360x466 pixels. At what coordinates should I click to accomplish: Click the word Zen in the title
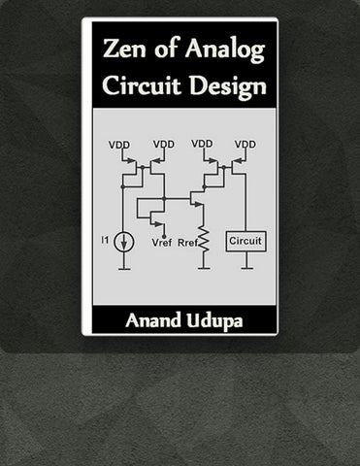point(124,49)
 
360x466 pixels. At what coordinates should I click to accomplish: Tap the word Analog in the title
point(225,51)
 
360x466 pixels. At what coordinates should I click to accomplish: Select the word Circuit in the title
point(142,84)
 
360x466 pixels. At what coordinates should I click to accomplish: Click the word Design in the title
point(228,87)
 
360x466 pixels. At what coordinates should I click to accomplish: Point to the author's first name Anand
point(153,320)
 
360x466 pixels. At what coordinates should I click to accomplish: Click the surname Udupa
point(214,321)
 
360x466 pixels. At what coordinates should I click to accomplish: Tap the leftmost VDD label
point(119,145)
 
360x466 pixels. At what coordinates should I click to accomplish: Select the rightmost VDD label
point(245,144)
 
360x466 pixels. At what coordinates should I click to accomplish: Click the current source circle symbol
point(124,243)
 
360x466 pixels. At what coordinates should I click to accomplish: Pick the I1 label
point(105,240)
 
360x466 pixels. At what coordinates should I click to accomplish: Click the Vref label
point(162,243)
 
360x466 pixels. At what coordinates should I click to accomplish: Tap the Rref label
point(187,243)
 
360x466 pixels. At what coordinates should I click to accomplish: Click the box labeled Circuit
point(245,241)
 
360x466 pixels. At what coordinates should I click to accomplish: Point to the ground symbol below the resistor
point(204,268)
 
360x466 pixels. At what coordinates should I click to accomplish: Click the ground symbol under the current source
point(124,268)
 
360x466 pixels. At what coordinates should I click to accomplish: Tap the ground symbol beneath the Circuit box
point(246,268)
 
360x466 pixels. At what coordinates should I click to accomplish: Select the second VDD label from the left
point(164,144)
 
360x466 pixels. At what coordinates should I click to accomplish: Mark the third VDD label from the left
point(202,144)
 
